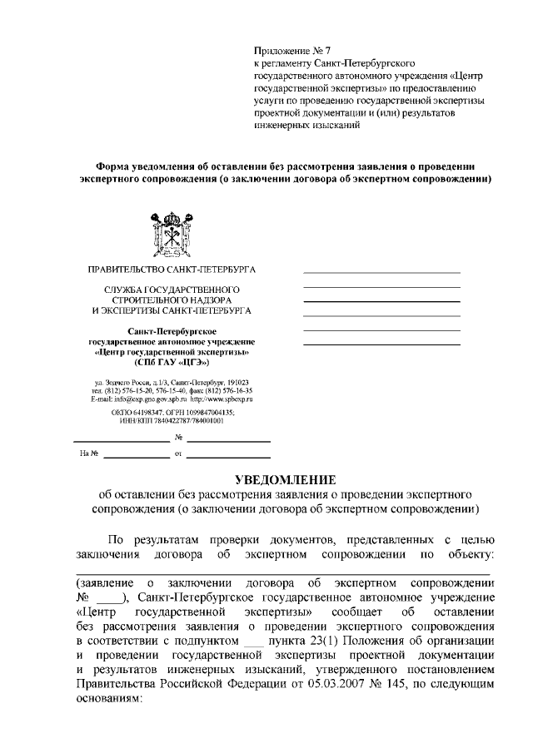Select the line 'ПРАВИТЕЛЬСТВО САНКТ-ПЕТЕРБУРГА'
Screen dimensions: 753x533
pos(172,270)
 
